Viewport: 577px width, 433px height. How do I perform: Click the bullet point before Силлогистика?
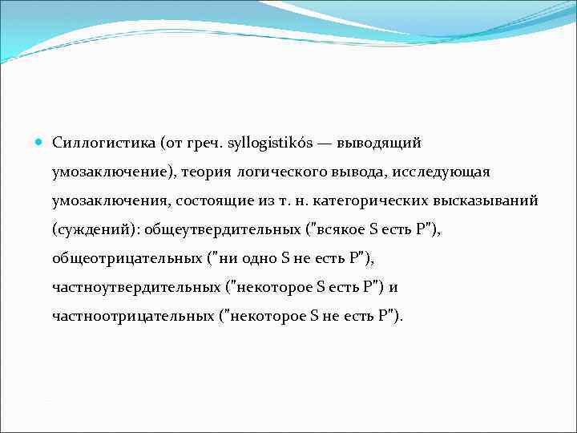point(39,142)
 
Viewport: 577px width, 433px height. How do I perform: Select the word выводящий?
point(384,143)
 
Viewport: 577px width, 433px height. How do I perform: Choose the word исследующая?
point(444,172)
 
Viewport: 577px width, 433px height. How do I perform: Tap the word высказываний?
point(491,200)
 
